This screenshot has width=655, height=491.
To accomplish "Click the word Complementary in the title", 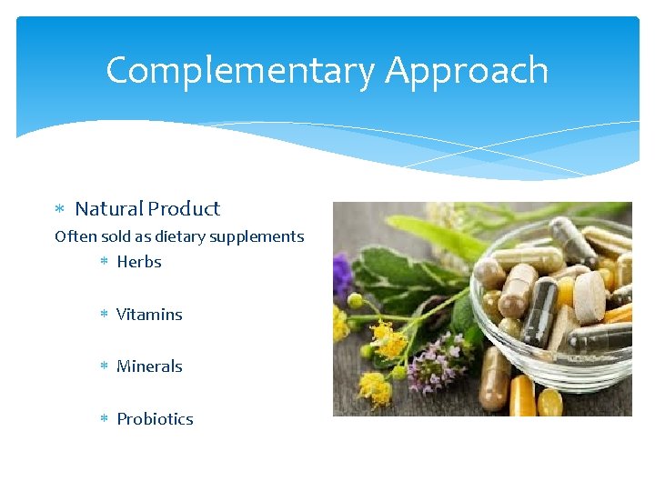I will (239, 71).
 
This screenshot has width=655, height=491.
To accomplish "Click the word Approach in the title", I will (467, 71).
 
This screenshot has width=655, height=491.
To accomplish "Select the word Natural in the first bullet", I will (109, 209).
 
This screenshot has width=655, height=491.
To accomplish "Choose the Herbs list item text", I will (139, 262).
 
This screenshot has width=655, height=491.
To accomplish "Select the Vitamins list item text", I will (149, 315).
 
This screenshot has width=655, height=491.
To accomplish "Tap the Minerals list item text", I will (149, 366).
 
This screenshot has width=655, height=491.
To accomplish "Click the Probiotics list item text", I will (155, 419).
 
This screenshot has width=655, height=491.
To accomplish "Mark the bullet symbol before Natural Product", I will (60, 210).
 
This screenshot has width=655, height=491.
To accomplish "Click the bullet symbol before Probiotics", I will (104, 419).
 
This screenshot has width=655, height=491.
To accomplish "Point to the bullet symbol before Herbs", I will (104, 262).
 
